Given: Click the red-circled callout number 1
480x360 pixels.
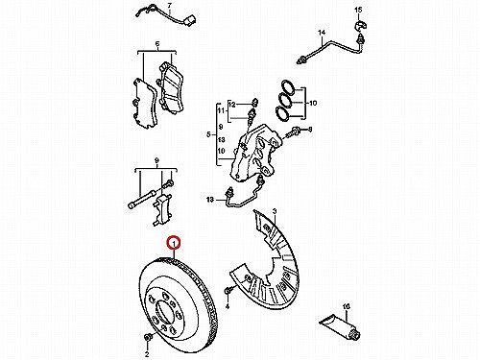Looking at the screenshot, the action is pyautogui.click(x=174, y=244).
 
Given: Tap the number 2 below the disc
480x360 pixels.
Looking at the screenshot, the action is pyautogui.click(x=147, y=354).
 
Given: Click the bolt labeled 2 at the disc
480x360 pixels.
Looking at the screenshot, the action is pyautogui.click(x=148, y=337).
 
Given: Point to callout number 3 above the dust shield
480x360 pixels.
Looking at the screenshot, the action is pyautogui.click(x=275, y=211).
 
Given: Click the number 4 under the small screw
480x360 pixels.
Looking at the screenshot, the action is pyautogui.click(x=228, y=306).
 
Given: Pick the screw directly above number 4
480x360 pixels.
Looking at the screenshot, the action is pyautogui.click(x=228, y=291).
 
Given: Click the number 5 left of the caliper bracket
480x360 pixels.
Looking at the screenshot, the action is pyautogui.click(x=208, y=134).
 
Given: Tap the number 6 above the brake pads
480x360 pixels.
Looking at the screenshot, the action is pyautogui.click(x=157, y=44).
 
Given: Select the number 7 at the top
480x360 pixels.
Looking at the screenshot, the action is pyautogui.click(x=169, y=6).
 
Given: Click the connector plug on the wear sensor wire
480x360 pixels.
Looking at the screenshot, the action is pyautogui.click(x=190, y=21).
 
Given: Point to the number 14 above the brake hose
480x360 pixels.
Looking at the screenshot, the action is pyautogui.click(x=322, y=33).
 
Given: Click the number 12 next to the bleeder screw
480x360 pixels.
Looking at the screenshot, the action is pyautogui.click(x=232, y=105).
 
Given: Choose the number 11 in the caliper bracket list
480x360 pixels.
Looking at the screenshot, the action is pyautogui.click(x=221, y=110).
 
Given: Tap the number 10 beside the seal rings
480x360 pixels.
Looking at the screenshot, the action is pyautogui.click(x=313, y=103).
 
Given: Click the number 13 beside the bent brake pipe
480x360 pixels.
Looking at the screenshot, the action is pyautogui.click(x=210, y=200).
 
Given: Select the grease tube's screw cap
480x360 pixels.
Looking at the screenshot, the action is pyautogui.click(x=355, y=336).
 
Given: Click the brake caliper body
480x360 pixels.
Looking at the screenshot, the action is pyautogui.click(x=254, y=151).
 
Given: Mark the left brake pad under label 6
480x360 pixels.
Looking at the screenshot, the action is pyautogui.click(x=144, y=103).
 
